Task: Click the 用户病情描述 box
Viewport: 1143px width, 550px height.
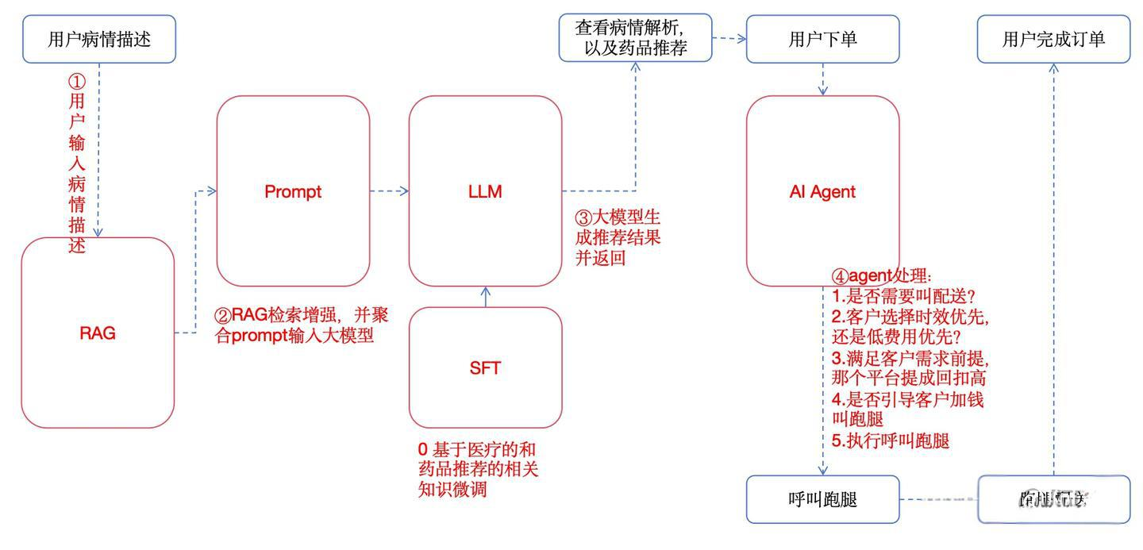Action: coord(98,39)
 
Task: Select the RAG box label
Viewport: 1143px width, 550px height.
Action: coord(98,333)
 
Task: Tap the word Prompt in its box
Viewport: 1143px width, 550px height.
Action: coord(293,191)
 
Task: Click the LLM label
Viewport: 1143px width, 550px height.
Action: coord(485,191)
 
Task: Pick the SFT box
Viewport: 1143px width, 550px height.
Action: coord(485,367)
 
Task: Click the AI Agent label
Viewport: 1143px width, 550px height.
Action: coord(822,191)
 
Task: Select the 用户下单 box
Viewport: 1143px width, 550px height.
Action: coord(822,39)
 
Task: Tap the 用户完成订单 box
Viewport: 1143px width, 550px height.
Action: coord(1053,39)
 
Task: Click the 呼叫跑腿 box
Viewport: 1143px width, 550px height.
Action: coord(822,500)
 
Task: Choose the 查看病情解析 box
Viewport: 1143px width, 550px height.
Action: coord(635,37)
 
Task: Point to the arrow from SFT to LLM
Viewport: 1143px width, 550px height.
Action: coord(486,296)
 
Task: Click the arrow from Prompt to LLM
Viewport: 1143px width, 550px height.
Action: coord(390,191)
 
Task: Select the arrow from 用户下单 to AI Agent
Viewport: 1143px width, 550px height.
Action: coord(823,79)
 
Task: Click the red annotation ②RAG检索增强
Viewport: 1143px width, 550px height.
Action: coord(302,315)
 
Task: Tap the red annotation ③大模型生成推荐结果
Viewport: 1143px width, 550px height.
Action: coord(618,217)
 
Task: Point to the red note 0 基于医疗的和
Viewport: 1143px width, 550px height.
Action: coord(482,449)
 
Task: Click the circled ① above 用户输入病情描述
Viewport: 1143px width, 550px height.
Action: coord(76,82)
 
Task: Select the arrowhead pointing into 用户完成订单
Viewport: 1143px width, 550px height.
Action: coord(1053,68)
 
